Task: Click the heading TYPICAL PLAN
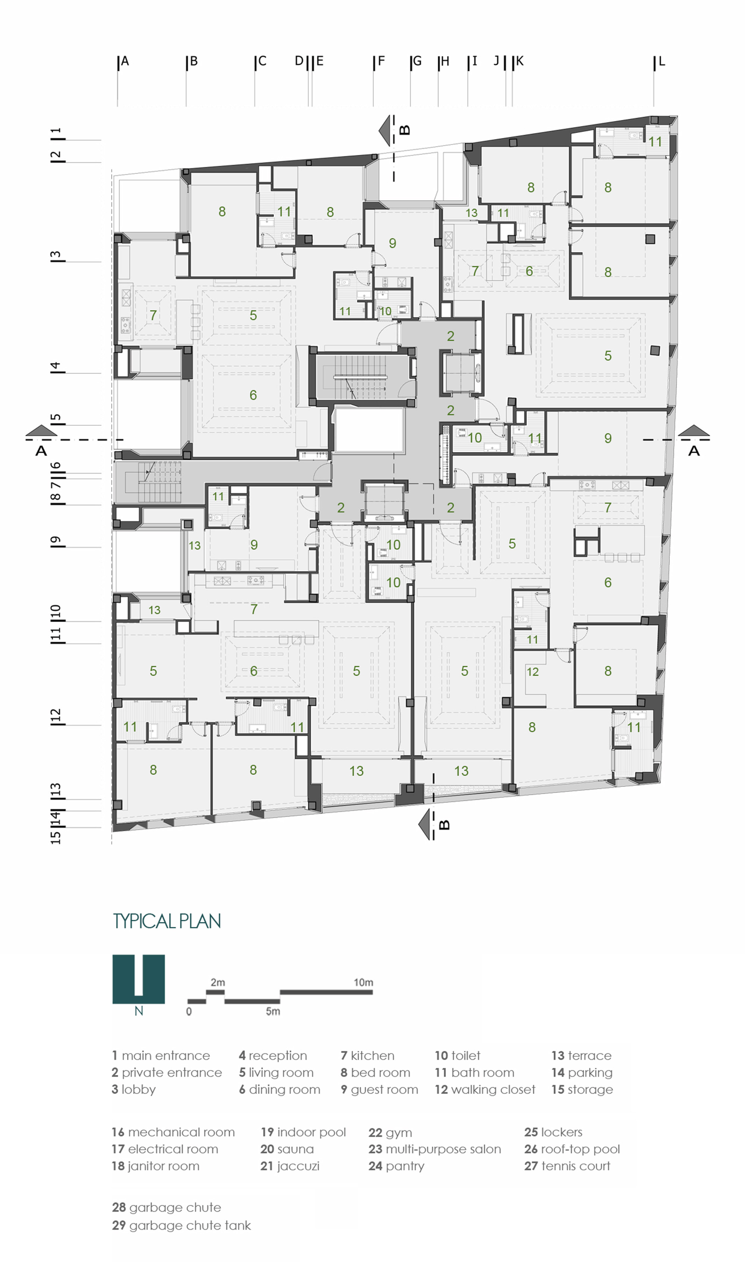[167, 921]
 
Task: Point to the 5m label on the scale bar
[273, 1011]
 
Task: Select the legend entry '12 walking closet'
[485, 1089]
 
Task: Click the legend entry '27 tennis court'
[567, 1165]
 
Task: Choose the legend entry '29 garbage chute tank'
[181, 1225]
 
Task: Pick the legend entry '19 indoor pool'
[303, 1132]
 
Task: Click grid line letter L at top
[661, 61]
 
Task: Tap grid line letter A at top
[125, 61]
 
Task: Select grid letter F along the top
[381, 61]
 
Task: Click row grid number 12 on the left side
[56, 715]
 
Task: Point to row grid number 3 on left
[56, 255]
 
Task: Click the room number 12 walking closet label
[532, 672]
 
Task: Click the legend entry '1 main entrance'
[161, 1055]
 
